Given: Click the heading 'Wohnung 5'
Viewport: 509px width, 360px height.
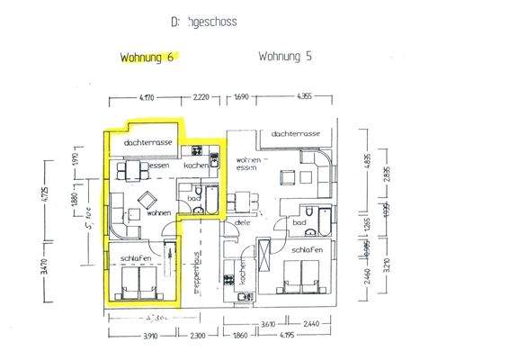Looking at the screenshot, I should tap(284, 56).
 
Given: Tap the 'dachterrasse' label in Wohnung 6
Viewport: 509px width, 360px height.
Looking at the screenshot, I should tap(148, 143).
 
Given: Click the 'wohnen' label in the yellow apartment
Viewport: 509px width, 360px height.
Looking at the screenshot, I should tap(159, 212).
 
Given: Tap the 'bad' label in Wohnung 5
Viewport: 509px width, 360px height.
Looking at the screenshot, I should tap(300, 221).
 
